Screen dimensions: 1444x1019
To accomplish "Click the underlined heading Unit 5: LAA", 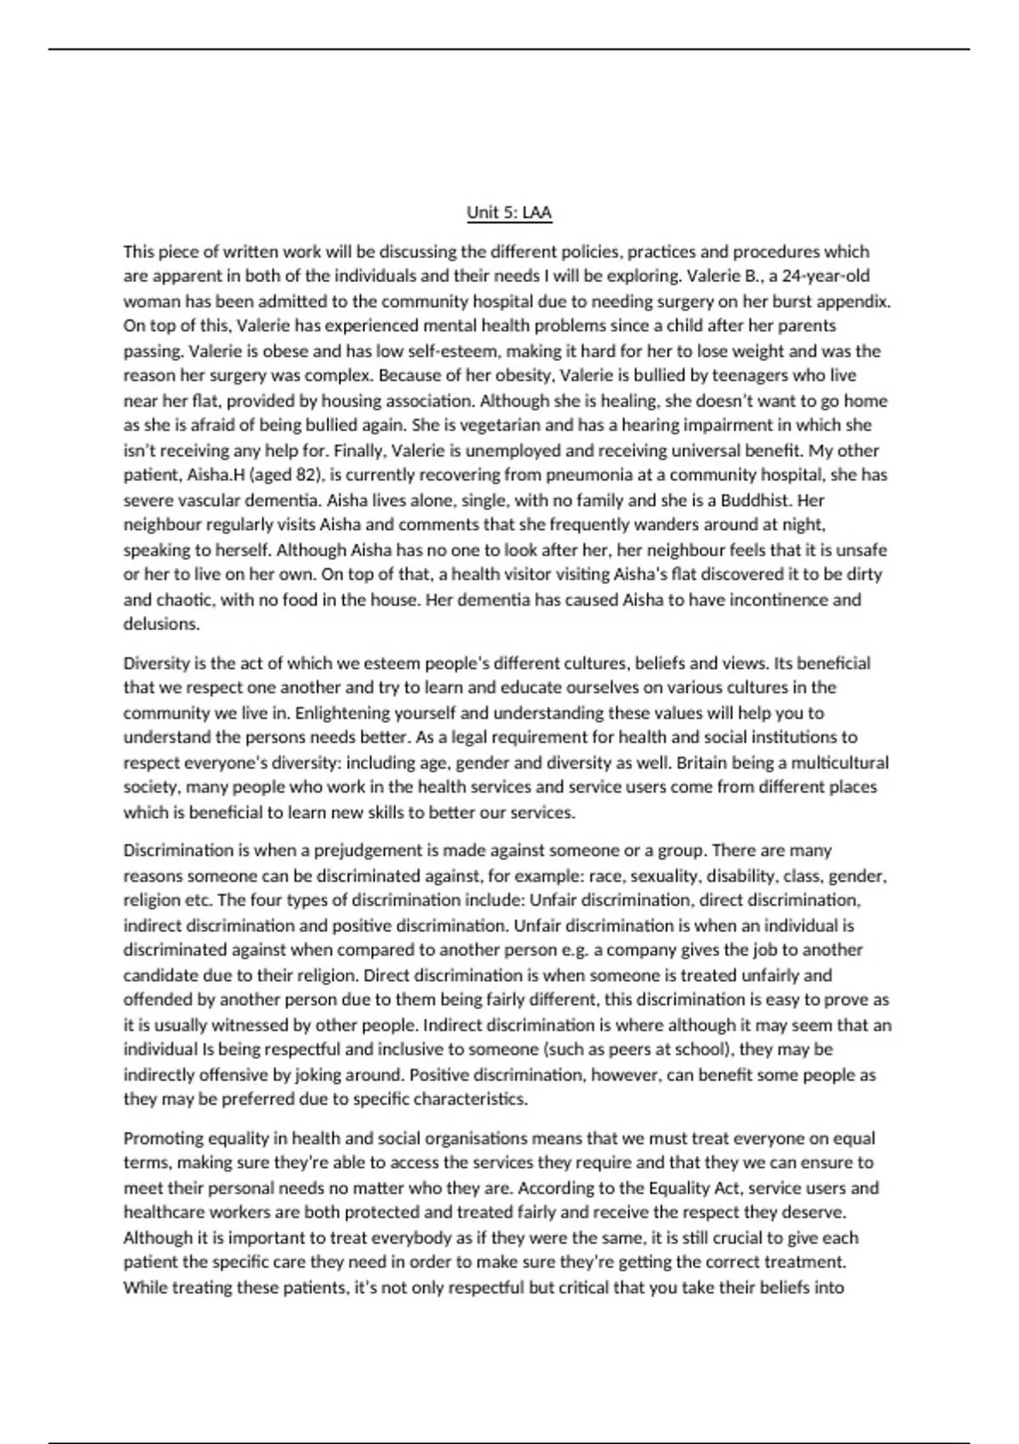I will [x=509, y=212].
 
